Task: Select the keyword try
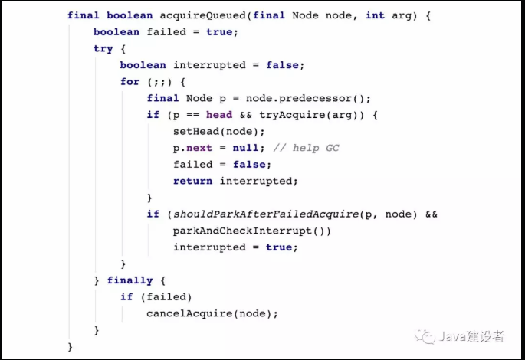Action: coord(103,49)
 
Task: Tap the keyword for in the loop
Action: coord(130,82)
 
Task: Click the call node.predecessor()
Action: coord(322,98)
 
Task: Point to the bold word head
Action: coord(219,115)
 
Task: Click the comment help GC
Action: coord(307,148)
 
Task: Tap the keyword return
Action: coord(193,181)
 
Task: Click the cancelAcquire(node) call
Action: coord(212,313)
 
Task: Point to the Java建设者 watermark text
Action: coord(472,336)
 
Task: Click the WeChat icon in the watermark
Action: coord(424,336)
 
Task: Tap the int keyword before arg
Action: coord(376,15)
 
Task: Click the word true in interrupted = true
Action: coord(279,247)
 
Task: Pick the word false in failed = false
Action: coord(252,164)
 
